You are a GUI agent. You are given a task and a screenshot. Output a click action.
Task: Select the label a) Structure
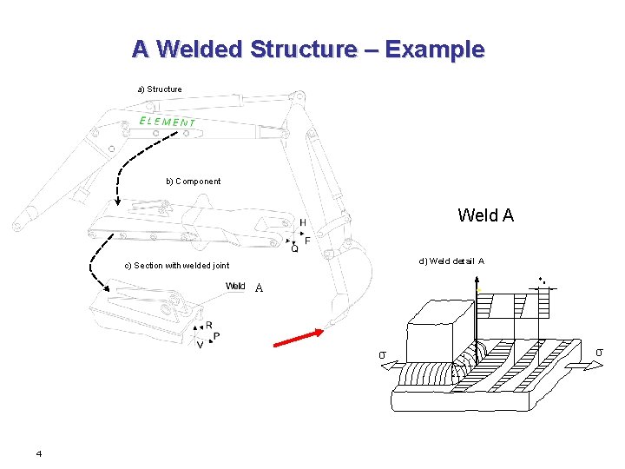tap(160, 89)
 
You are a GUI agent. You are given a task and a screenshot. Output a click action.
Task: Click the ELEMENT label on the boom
tap(168, 122)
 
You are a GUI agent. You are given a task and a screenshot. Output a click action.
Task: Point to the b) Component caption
tap(193, 182)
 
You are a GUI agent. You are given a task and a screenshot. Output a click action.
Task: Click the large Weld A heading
tap(485, 215)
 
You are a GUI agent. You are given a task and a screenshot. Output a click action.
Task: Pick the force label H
tap(302, 223)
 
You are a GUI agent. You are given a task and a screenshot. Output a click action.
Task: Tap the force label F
tap(307, 241)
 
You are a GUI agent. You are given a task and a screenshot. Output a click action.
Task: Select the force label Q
tap(294, 249)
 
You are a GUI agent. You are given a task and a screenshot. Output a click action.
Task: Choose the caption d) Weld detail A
tap(451, 261)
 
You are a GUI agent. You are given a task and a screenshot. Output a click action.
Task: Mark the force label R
tap(208, 326)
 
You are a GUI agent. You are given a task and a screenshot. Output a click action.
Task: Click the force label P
tap(216, 336)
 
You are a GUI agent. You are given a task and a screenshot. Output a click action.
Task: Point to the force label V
tap(201, 345)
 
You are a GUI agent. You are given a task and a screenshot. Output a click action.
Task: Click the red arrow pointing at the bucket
tap(299, 338)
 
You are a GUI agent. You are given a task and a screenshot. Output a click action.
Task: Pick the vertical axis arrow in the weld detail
tap(477, 321)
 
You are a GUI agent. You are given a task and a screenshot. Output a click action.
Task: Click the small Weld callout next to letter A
tap(235, 287)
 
